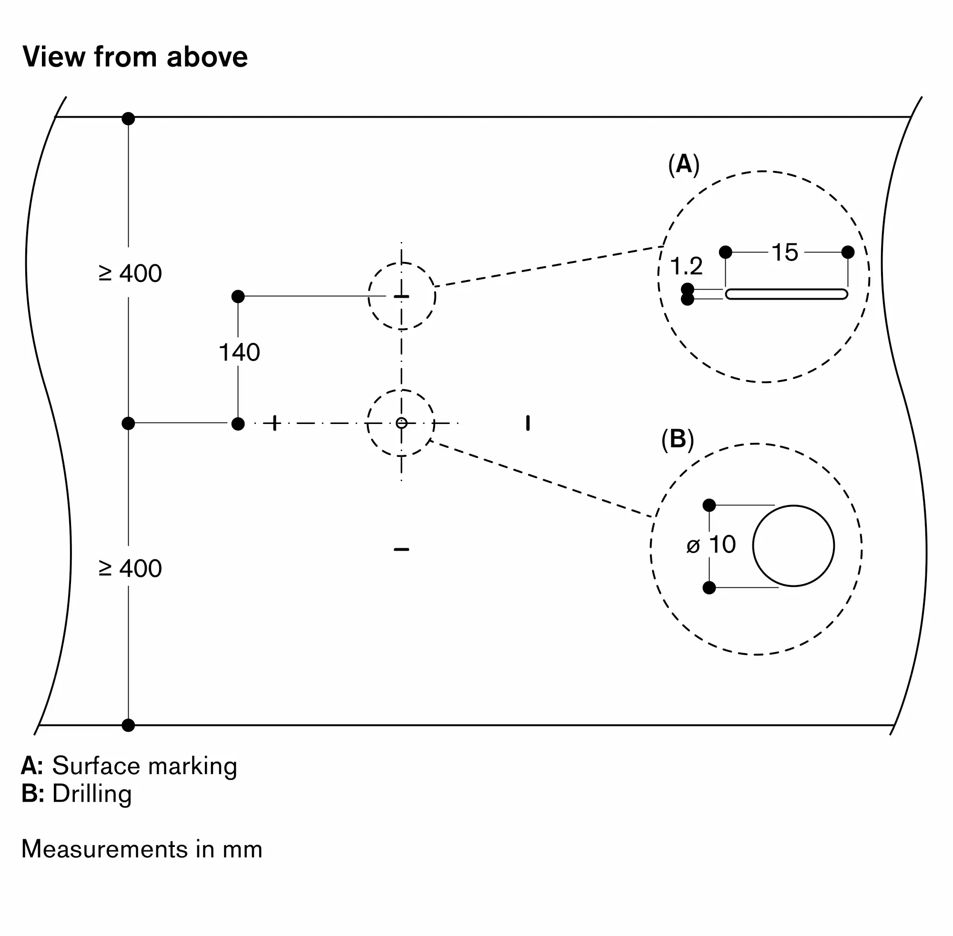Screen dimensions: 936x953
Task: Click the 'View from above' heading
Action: [x=135, y=57]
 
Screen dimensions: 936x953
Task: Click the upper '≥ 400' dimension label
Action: [x=130, y=273]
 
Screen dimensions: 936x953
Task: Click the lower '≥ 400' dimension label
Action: [x=130, y=568]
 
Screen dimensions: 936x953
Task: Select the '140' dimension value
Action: [x=239, y=352]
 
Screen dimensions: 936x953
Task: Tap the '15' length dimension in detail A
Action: [x=785, y=252]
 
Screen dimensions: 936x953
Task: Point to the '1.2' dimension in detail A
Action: [x=687, y=266]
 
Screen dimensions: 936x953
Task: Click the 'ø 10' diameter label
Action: [x=711, y=544]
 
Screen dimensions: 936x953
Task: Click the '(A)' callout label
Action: [x=683, y=164]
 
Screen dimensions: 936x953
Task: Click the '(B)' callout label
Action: [x=678, y=439]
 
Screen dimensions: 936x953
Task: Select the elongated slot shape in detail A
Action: [x=786, y=294]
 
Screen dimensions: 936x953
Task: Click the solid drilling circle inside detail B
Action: [x=793, y=546]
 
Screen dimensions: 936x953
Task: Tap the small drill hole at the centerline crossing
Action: [x=401, y=423]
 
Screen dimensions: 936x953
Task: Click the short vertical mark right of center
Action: [x=527, y=423]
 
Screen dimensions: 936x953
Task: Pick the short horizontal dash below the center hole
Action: [x=401, y=549]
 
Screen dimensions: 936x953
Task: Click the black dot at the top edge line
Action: [x=128, y=119]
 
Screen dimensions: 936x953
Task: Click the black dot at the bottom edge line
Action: [x=128, y=725]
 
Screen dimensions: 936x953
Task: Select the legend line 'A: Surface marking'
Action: [x=129, y=765]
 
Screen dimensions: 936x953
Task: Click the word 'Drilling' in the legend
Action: [x=92, y=794]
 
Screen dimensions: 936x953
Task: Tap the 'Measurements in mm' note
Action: [x=142, y=849]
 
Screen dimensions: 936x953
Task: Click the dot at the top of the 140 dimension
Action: [x=238, y=296]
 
